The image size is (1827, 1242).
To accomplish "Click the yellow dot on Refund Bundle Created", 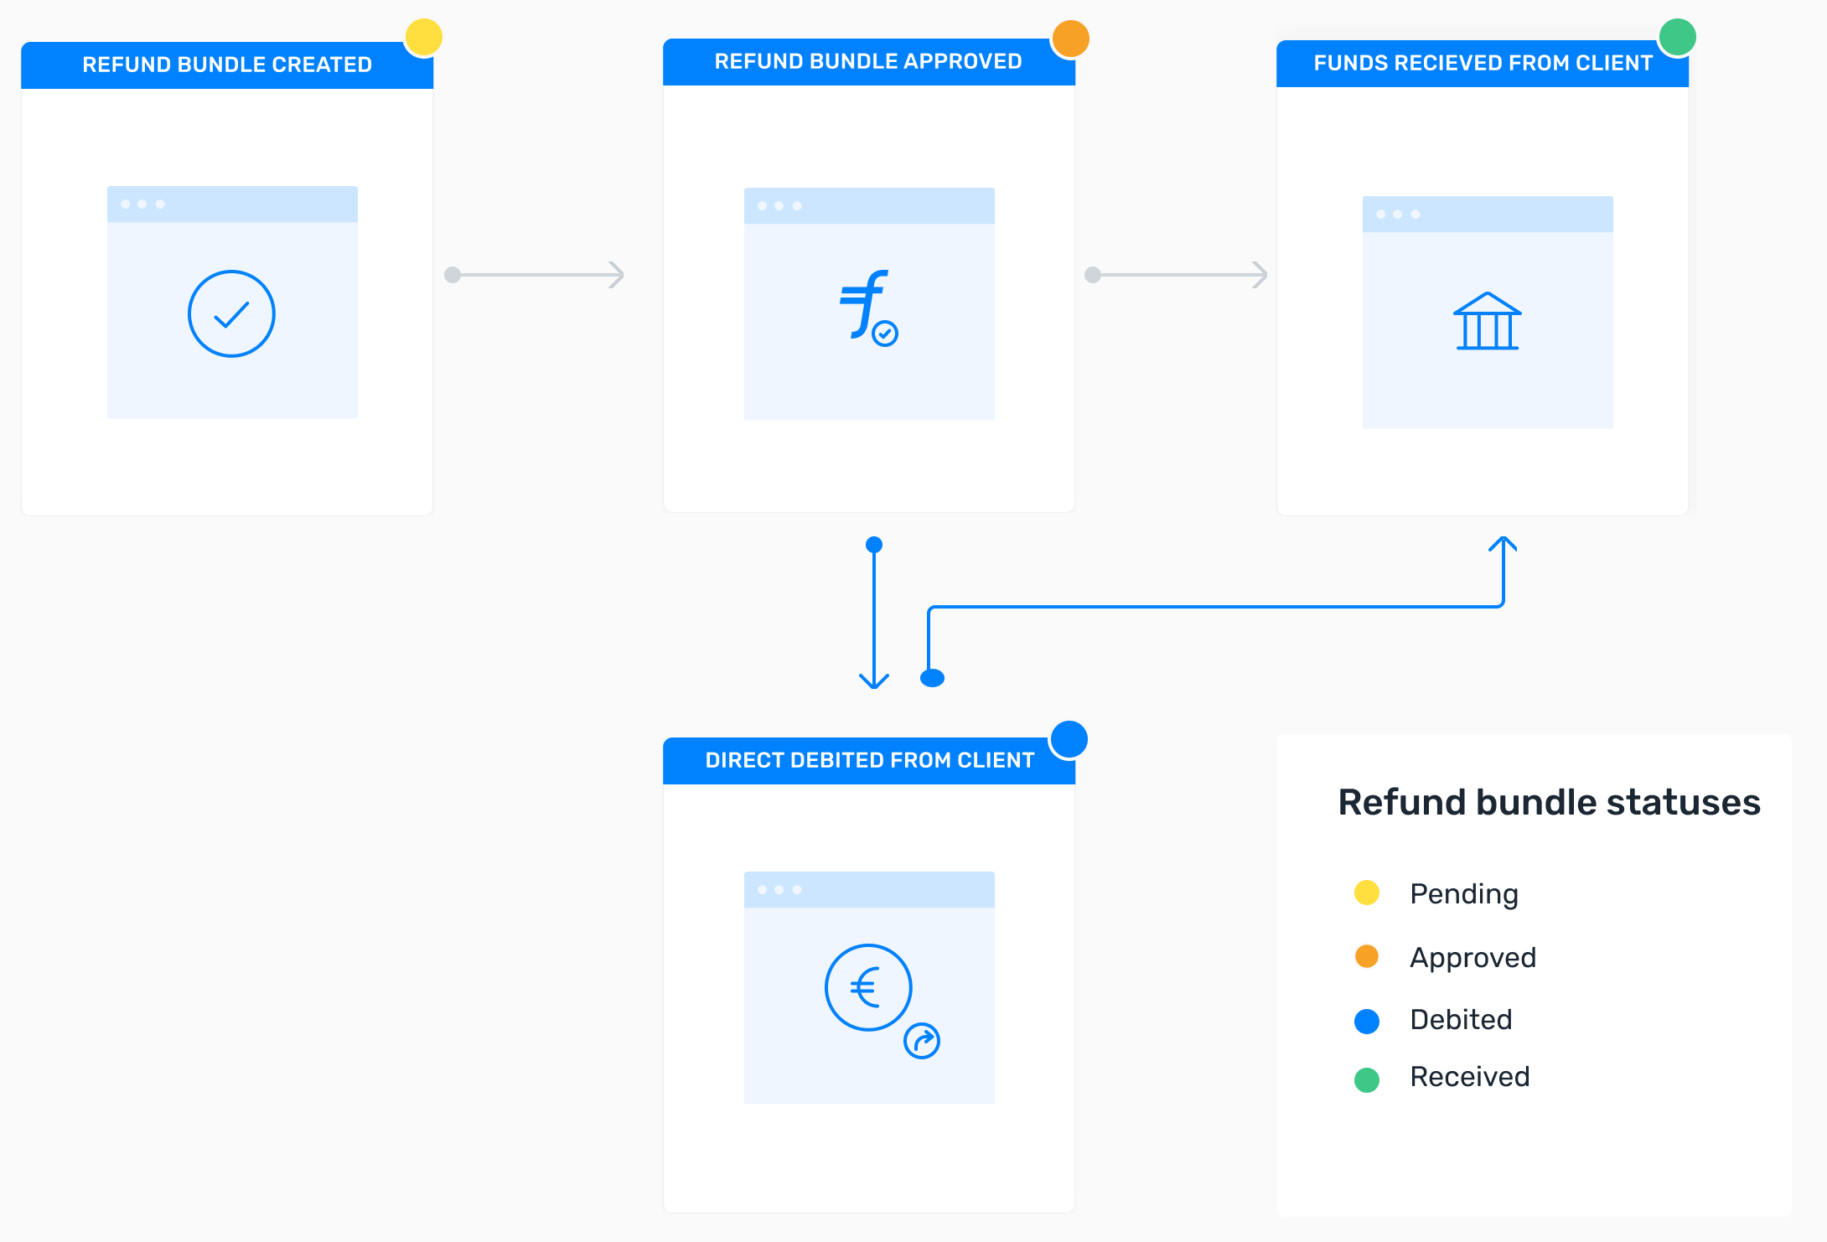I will pos(424,38).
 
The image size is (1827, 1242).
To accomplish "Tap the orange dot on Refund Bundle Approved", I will pos(1070,39).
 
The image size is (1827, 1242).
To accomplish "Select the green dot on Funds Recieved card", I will pos(1678,37).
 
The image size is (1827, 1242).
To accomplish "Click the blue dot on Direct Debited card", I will pos(1069,739).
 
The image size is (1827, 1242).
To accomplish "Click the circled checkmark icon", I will pos(231,314).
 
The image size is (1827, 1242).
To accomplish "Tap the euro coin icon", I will pos(868,987).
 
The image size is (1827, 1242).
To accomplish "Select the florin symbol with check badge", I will pos(868,307).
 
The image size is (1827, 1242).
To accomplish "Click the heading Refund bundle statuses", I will pos(1549,802).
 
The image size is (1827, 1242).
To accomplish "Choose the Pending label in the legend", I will pos(1464,893).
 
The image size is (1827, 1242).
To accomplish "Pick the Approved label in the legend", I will pos(1472,957).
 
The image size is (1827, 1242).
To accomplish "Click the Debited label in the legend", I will pos(1461,1020).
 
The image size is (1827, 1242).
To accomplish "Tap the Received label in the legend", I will pos(1470,1077).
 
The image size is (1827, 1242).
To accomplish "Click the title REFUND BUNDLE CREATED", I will pos(227,65).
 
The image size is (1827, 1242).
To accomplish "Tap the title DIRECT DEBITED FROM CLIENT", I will pos(870,760).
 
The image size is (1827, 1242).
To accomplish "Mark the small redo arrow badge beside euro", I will pos(922,1041).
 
